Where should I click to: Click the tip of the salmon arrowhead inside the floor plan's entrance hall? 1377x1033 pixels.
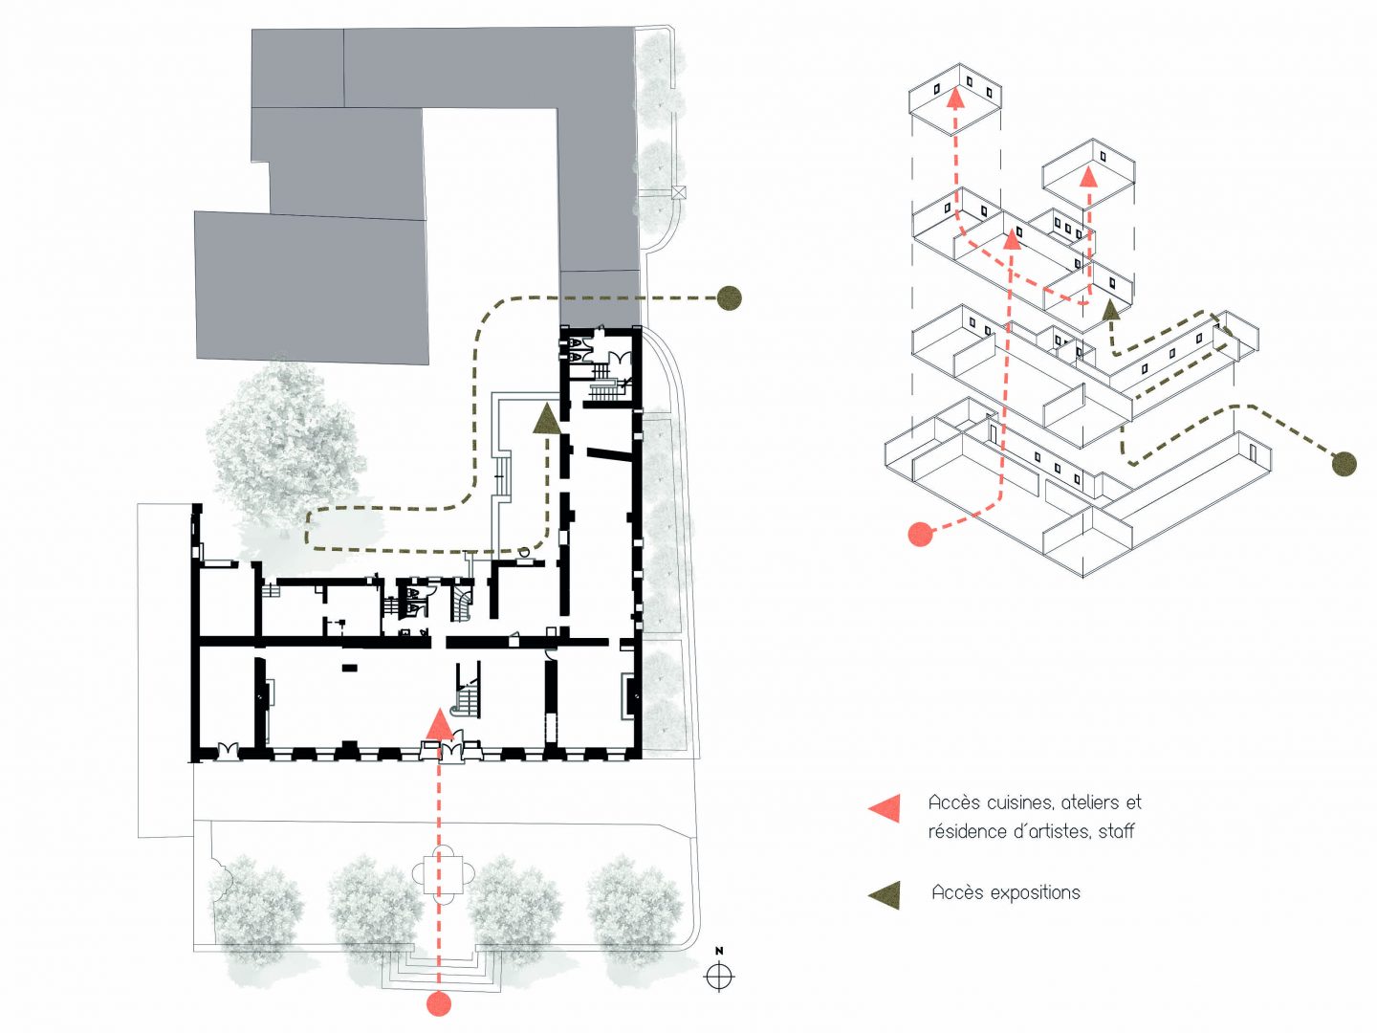(440, 708)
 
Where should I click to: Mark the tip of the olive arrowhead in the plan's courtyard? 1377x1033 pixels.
(547, 404)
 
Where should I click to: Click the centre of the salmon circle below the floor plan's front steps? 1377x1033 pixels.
(439, 1003)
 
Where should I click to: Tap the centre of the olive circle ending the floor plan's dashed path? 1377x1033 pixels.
(729, 297)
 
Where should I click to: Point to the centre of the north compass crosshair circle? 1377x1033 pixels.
(719, 976)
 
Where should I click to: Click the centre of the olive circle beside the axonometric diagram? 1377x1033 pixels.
(1344, 464)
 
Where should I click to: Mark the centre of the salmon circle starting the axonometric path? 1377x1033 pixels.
(920, 533)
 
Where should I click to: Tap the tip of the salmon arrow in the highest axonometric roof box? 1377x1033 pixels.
(955, 88)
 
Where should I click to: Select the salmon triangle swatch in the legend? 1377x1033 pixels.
(885, 808)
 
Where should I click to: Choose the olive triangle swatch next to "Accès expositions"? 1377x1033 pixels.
(885, 895)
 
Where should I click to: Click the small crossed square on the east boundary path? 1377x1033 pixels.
(678, 192)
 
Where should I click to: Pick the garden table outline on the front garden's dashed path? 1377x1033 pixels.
(443, 873)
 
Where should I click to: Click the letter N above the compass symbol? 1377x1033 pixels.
(719, 951)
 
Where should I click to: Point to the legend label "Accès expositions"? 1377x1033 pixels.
(1006, 892)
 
